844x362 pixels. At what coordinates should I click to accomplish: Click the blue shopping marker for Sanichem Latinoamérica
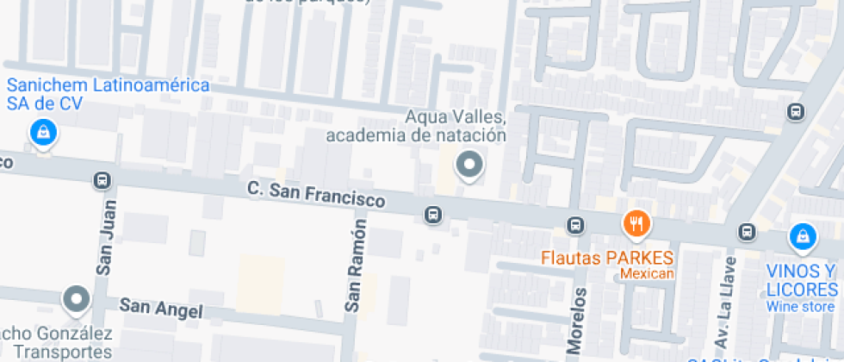pyautogui.click(x=41, y=133)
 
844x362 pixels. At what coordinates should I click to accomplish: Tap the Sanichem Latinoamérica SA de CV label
pyautogui.click(x=109, y=95)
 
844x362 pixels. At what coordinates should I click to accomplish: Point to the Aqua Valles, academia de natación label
pyautogui.click(x=416, y=126)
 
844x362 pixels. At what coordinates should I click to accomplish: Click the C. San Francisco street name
pyautogui.click(x=316, y=194)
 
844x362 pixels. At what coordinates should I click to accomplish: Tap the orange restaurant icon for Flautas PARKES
pyautogui.click(x=636, y=224)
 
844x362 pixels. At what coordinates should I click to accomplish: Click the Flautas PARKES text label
pyautogui.click(x=607, y=258)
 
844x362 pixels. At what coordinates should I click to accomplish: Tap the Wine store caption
pyautogui.click(x=800, y=307)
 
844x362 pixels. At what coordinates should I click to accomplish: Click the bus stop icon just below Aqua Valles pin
pyautogui.click(x=433, y=213)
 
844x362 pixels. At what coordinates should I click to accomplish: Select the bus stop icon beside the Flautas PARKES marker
pyautogui.click(x=575, y=226)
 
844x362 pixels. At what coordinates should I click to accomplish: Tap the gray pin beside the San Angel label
pyautogui.click(x=77, y=299)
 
